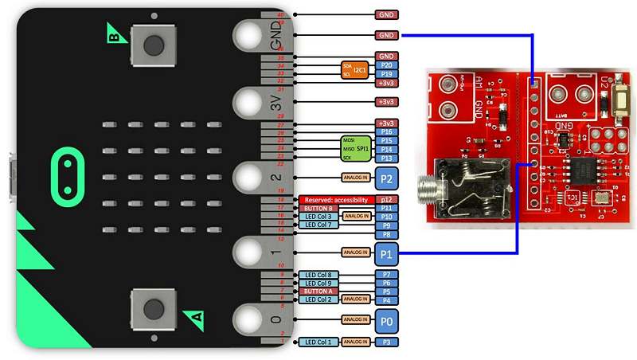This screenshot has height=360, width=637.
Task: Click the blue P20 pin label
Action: [386, 65]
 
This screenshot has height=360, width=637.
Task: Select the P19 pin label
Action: [386, 74]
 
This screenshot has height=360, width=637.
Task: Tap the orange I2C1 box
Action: [354, 70]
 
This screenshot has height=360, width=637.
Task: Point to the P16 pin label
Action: [386, 131]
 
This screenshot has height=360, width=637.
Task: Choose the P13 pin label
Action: [386, 158]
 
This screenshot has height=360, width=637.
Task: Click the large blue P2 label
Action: [386, 178]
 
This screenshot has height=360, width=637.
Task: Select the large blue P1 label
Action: [386, 253]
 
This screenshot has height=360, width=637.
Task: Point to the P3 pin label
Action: [386, 342]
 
